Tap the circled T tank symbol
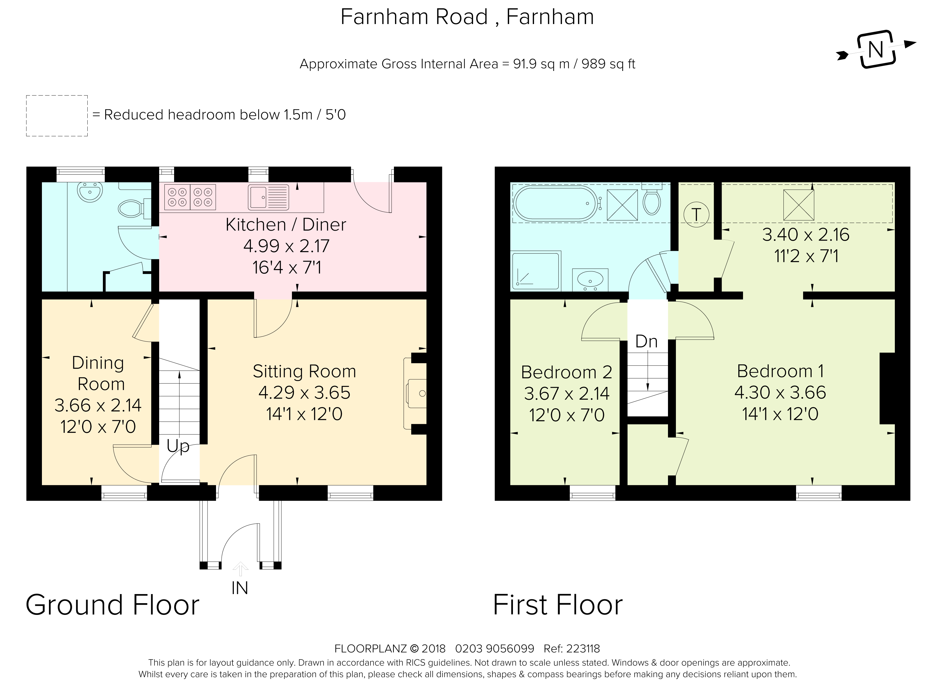[696, 214]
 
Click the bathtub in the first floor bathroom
[555, 203]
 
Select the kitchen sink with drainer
[268, 197]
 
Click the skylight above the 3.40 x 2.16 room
[799, 205]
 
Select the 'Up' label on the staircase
[178, 447]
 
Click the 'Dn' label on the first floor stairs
[647, 341]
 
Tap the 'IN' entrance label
[240, 588]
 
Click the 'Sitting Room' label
[304, 371]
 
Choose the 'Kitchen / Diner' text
[286, 225]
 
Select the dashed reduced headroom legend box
[57, 115]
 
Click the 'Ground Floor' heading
[112, 605]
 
